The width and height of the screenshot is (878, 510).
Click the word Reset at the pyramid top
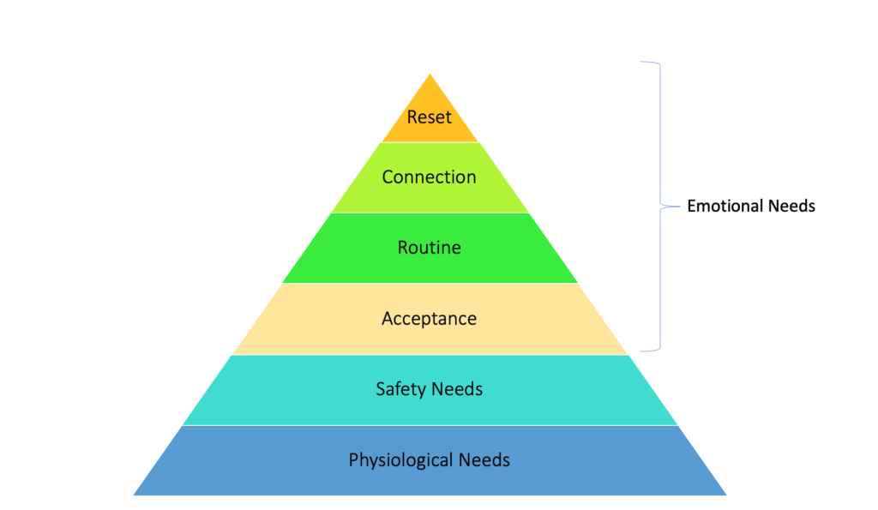tap(430, 117)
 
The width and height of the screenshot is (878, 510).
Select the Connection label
tap(430, 177)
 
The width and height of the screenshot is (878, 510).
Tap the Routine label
tap(430, 248)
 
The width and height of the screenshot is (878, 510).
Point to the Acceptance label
tap(430, 319)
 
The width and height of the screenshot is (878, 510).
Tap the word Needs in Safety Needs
tap(457, 389)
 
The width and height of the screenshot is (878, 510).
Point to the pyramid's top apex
tap(430, 75)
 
